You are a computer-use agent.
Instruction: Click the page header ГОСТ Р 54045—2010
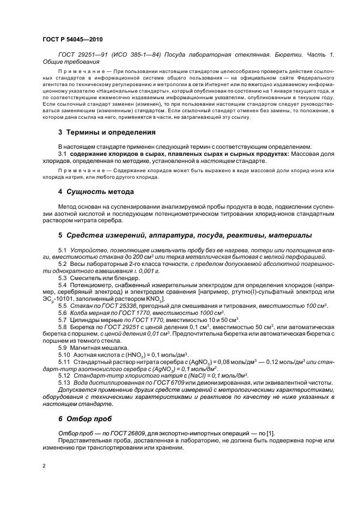point(72,39)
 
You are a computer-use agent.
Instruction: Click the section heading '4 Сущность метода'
point(95,191)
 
